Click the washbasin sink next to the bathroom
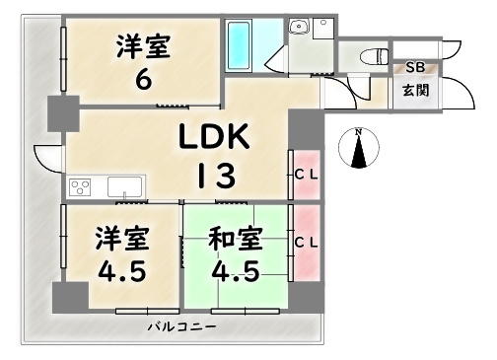pos(301,31)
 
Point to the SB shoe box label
pos(415,67)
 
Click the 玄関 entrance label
pos(415,90)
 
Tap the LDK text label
pos(215,137)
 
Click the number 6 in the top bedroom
pos(144,80)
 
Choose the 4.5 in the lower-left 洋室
pos(120,269)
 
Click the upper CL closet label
pos(306,176)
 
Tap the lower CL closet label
pos(306,241)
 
